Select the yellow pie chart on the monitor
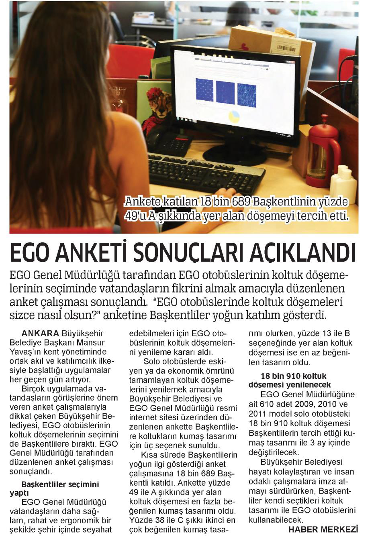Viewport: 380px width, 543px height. [234, 116]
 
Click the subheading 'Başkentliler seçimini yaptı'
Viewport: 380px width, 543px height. [60, 488]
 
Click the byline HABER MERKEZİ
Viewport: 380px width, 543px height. [323, 529]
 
